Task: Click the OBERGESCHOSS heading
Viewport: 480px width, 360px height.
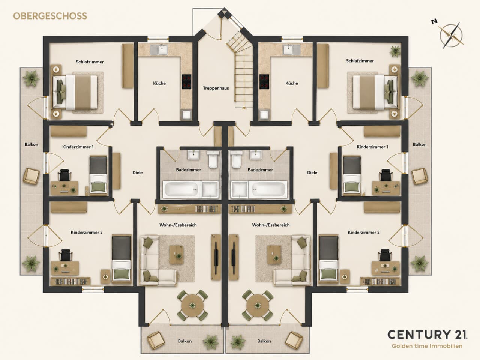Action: (x=50, y=16)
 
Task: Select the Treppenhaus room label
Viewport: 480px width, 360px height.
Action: (x=216, y=88)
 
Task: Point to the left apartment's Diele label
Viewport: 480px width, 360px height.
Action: (x=137, y=172)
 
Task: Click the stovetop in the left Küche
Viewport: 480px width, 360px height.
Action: (x=186, y=81)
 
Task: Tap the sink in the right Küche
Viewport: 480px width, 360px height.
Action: (x=292, y=49)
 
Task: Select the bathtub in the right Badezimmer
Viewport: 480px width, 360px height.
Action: (x=268, y=189)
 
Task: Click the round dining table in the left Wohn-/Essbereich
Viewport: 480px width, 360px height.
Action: (x=192, y=305)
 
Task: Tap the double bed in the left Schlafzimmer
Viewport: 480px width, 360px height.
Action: (x=75, y=92)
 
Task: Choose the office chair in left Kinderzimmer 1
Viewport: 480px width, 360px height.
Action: (x=65, y=175)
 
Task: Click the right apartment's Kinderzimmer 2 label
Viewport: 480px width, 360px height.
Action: (x=364, y=232)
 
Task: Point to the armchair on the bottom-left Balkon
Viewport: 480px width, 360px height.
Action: (x=156, y=340)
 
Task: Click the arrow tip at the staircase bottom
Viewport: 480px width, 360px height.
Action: (x=244, y=108)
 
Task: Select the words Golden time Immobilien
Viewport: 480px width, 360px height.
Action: (x=427, y=346)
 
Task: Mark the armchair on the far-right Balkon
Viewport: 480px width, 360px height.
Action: (x=419, y=176)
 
